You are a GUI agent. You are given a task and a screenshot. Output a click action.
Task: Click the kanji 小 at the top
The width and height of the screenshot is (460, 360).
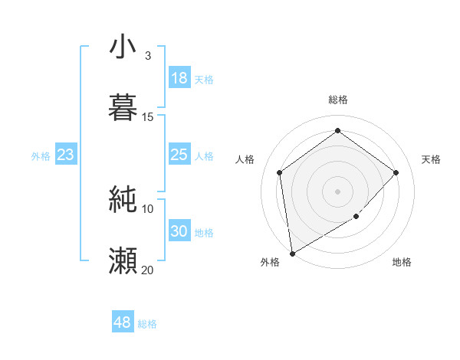[123, 47]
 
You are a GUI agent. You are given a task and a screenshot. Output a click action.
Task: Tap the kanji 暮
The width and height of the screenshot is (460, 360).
[123, 107]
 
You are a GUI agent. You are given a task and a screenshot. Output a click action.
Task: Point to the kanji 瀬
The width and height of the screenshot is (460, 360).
[123, 260]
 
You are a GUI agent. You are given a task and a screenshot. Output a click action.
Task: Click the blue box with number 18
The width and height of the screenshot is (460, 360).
[179, 78]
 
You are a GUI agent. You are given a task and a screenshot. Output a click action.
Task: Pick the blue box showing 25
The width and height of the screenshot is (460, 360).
[179, 155]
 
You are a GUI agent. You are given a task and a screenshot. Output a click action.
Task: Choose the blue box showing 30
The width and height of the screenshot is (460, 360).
[179, 231]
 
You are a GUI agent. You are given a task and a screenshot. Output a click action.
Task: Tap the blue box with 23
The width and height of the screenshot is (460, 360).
[66, 155]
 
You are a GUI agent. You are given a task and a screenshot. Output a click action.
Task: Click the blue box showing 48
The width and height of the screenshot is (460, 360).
[123, 322]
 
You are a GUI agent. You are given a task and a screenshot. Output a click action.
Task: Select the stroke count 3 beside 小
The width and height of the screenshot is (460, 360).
[147, 56]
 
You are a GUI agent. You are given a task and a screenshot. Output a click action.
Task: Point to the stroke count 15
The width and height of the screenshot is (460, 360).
[148, 117]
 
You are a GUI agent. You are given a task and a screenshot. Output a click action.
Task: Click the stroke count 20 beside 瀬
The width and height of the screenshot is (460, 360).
[148, 270]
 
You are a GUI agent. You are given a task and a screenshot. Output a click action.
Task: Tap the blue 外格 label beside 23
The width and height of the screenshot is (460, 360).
[41, 156]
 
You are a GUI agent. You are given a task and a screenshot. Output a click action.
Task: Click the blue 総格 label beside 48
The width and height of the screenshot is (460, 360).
[147, 324]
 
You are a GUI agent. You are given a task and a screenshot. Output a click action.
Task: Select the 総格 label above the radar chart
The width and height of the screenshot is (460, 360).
[338, 100]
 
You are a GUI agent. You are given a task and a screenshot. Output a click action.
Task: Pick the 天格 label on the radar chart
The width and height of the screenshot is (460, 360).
[431, 159]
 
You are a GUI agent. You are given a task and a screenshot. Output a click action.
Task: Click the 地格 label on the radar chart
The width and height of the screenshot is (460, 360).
[402, 262]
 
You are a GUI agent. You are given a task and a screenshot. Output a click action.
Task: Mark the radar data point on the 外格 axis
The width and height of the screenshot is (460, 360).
[292, 253]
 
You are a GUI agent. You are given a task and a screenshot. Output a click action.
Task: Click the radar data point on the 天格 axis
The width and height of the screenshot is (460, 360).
[396, 172]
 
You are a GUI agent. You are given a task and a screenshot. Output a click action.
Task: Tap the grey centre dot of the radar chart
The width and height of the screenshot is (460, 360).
[338, 191]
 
